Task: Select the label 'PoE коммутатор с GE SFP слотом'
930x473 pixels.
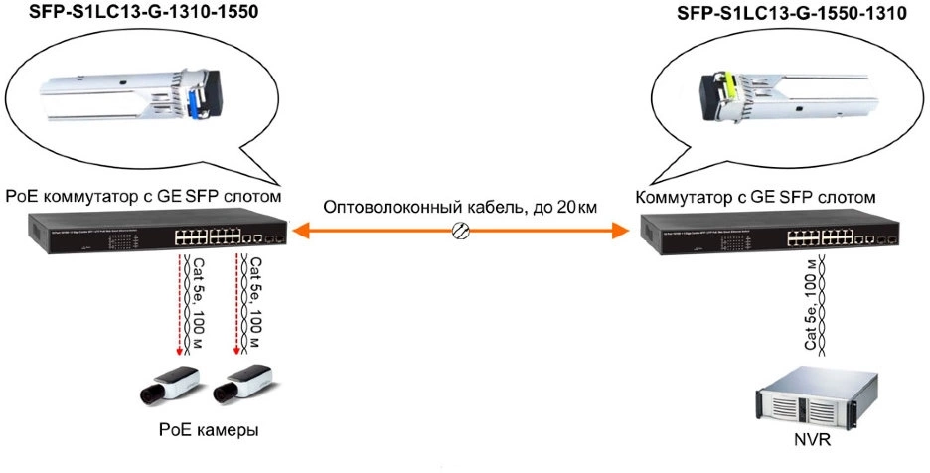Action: pyautogui.click(x=143, y=196)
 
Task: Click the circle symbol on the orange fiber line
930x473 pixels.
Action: pyautogui.click(x=460, y=232)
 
